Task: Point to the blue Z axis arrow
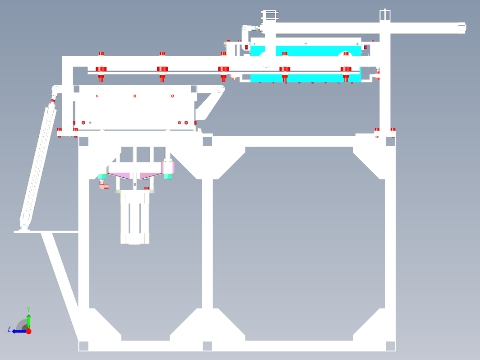[19, 331]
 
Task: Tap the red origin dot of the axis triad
[29, 331]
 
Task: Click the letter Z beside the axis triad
[9, 329]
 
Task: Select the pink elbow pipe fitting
[104, 184]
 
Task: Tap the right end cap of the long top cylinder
[462, 28]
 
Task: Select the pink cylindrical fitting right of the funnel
[168, 167]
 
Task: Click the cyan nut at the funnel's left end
[102, 176]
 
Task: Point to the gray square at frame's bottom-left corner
[83, 346]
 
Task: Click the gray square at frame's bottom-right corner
[390, 346]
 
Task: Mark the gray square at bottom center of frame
[208, 346]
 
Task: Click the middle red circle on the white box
[135, 96]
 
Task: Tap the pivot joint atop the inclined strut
[55, 89]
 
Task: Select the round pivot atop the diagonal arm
[221, 89]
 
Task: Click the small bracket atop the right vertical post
[385, 15]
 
